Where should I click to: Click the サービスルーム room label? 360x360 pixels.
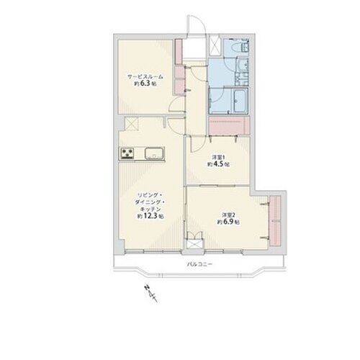[x=145, y=77]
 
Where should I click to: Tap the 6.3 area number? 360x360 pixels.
[x=146, y=84]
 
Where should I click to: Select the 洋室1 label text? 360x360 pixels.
[x=217, y=157]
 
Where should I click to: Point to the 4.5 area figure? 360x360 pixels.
[x=219, y=164]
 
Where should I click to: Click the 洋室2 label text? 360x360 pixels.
[x=228, y=215]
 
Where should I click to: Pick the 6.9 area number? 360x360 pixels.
[x=229, y=222]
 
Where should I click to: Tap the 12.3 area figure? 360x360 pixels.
[x=151, y=216]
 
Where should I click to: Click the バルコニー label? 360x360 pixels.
[x=199, y=264]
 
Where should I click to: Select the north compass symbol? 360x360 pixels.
[x=150, y=293]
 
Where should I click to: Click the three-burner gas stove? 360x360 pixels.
[x=127, y=153]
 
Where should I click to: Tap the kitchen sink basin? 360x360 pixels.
[x=154, y=153]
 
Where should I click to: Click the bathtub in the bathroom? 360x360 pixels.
[x=240, y=100]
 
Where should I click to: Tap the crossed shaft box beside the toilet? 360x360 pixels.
[x=215, y=45]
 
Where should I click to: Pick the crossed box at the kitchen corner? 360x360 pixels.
[x=132, y=123]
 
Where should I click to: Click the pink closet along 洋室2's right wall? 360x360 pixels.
[x=275, y=221]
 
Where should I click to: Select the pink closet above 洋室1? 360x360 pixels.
[x=229, y=125]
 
